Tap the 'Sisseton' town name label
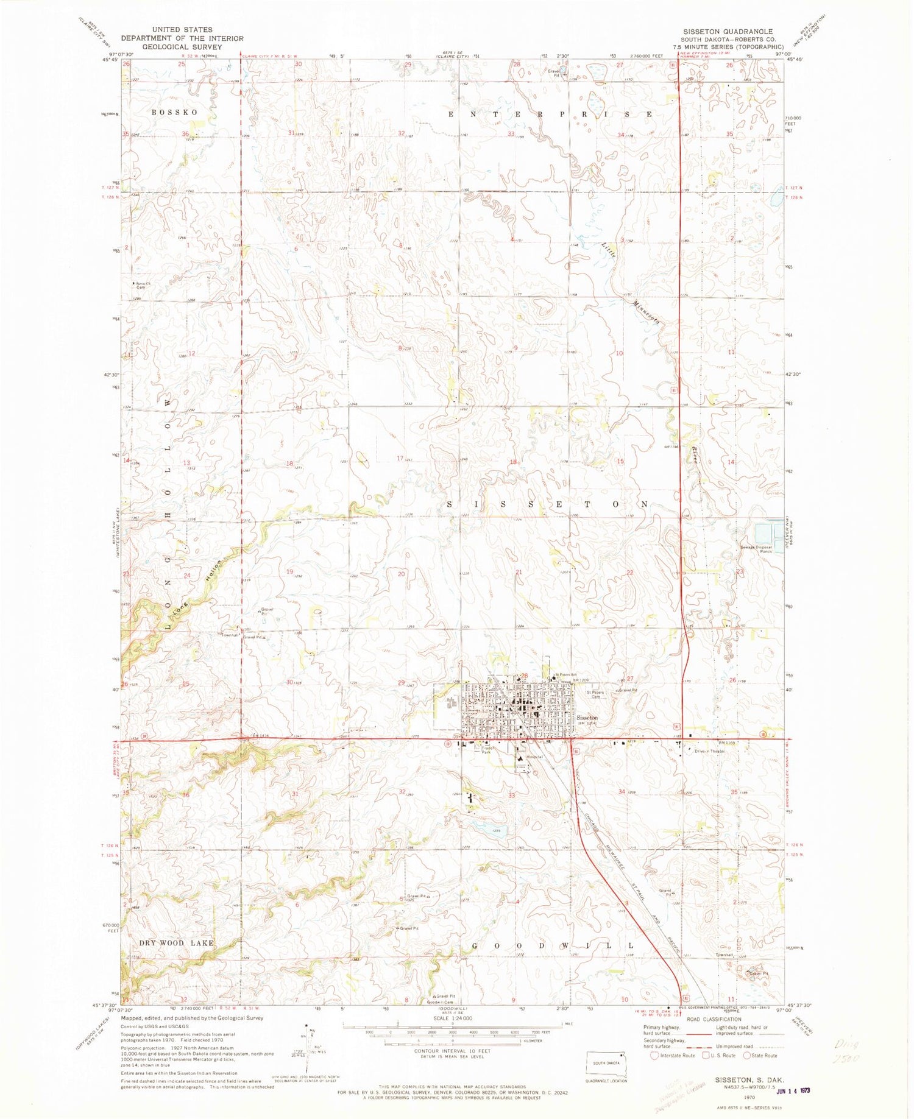587,718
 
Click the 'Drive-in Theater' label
710,752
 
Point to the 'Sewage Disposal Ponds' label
757,549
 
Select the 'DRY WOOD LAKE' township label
176,943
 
